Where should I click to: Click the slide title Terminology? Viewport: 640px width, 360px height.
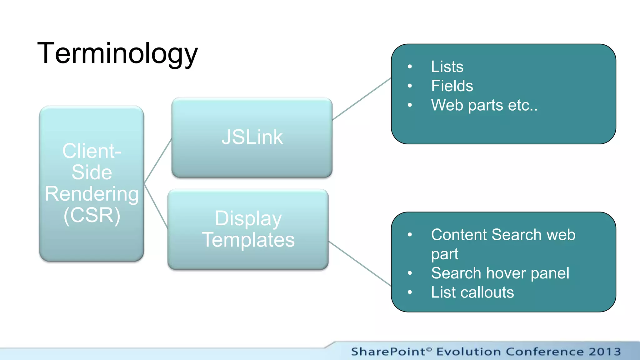(117, 54)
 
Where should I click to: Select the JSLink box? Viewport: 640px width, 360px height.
(252, 137)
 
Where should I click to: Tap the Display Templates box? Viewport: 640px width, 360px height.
(248, 229)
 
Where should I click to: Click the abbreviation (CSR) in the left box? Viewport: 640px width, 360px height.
(92, 215)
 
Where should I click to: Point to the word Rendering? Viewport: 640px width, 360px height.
(92, 194)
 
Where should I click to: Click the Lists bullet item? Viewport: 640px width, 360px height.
(447, 67)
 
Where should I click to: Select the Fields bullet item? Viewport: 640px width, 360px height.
(452, 86)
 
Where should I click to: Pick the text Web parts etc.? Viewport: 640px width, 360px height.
(484, 105)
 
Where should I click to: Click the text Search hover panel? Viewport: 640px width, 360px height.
(500, 273)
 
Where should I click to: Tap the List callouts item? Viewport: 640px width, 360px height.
(472, 292)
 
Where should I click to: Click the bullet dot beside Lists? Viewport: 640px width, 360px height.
(410, 67)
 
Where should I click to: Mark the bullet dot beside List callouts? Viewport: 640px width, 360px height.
(410, 292)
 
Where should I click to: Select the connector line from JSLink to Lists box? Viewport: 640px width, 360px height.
(362, 99)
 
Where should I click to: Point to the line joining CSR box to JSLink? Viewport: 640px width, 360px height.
(158, 161)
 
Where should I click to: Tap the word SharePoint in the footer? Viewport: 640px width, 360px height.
(388, 352)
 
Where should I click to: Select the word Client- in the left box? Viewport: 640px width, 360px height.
(92, 151)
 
